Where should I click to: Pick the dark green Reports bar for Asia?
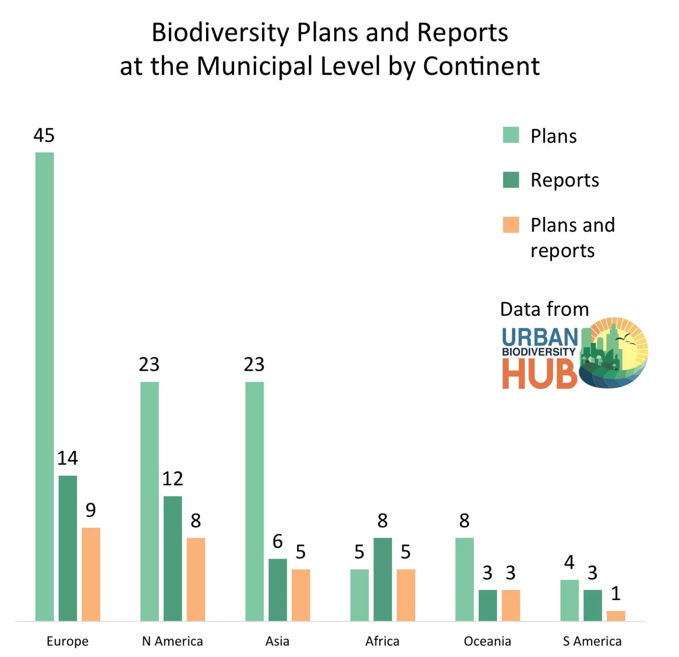pos(278,589)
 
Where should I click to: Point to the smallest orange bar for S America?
pos(616,615)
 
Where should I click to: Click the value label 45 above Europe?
pos(44,135)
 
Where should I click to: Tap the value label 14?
pos(68,458)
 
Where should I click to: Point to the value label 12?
pos(172,479)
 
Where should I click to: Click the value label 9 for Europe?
pos(91,510)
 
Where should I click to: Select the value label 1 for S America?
pos(616,593)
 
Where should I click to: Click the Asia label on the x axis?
pos(277,641)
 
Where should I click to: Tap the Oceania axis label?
pos(487,641)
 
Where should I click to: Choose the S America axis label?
pos(592,641)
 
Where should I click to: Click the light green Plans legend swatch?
pos(511,135)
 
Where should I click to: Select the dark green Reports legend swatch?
pos(511,180)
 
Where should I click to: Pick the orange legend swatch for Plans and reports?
pos(511,225)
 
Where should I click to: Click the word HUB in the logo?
pos(539,374)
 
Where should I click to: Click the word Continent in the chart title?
pos(481,66)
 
